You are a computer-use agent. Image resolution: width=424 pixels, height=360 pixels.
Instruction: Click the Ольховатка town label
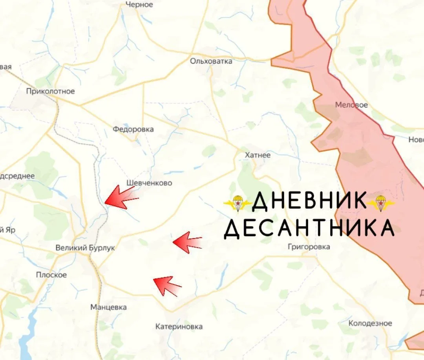(x=211, y=61)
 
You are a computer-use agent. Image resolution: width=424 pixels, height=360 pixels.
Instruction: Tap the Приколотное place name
(x=50, y=92)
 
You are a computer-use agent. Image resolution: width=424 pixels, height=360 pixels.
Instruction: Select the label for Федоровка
(x=133, y=129)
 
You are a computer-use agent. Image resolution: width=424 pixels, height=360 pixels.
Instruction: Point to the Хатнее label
(x=258, y=155)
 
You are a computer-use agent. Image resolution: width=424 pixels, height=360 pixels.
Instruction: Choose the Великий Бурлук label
(x=85, y=248)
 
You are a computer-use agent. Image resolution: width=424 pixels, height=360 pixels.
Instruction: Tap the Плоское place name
(x=51, y=275)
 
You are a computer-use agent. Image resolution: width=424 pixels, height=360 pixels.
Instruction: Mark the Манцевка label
(x=108, y=307)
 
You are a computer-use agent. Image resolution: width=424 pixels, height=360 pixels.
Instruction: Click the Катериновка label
(x=179, y=327)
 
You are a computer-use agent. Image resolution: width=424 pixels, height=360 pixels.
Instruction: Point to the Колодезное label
(x=370, y=323)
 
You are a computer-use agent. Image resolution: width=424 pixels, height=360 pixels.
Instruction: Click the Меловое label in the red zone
(x=351, y=105)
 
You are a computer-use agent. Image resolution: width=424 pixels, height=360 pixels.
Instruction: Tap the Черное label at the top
(x=139, y=5)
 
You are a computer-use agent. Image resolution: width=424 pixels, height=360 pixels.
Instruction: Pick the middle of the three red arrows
(x=187, y=241)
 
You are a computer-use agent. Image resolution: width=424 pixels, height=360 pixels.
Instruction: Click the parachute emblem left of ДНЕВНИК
(x=237, y=203)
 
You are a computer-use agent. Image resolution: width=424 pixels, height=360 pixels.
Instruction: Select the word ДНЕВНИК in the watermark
(x=309, y=201)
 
